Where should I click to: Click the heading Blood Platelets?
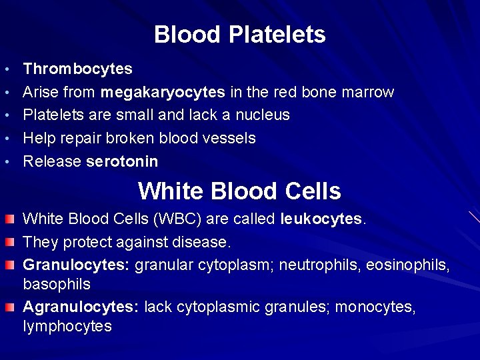pos(240,34)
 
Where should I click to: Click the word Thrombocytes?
pos(77,69)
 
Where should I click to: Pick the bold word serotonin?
pos(122,161)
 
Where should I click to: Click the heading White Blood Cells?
pos(239,191)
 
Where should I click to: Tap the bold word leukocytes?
pos(323,218)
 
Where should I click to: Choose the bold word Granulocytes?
pos(76,265)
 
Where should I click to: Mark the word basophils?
pos(57,284)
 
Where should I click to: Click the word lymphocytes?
pos(67,326)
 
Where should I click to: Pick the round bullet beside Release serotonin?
pos(6,162)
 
